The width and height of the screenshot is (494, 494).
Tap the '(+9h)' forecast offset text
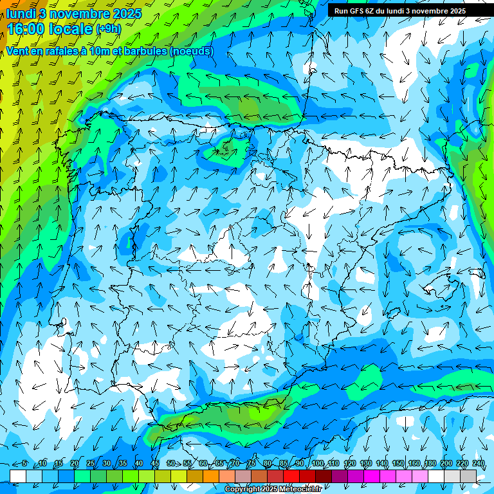[x=108, y=29]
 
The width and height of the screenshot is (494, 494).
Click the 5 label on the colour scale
[x=24, y=463]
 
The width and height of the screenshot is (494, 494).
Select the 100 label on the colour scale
[x=317, y=463]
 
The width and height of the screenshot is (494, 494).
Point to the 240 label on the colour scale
[x=478, y=463]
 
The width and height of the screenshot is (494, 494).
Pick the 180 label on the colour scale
[x=430, y=463]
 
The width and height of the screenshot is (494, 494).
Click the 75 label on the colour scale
[x=252, y=463]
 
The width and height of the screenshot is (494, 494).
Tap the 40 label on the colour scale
[x=138, y=463]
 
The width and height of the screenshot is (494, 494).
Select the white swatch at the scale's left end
[x=18, y=476]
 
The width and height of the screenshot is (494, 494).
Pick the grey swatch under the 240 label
[x=468, y=476]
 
